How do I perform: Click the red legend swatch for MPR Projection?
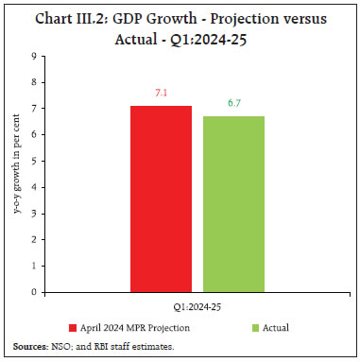[x=69, y=327]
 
